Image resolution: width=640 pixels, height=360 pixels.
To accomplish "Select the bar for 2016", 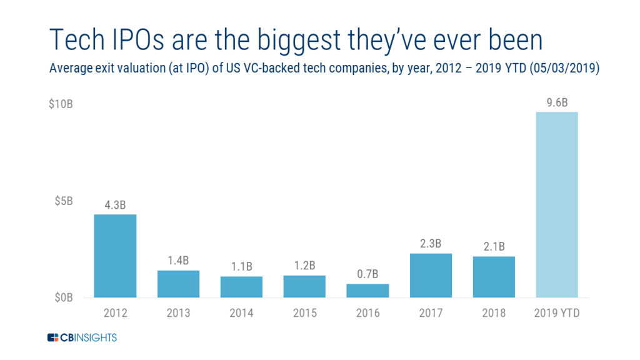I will (x=367, y=291).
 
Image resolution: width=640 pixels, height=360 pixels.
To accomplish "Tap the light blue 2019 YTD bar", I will (x=557, y=204).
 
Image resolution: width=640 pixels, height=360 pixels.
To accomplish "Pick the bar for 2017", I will (x=431, y=275).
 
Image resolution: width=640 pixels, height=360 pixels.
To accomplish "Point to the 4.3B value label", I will (x=115, y=205).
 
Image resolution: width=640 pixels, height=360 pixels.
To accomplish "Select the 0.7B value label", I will (x=367, y=274).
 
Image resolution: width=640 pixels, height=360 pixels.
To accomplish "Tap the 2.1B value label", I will (x=494, y=246).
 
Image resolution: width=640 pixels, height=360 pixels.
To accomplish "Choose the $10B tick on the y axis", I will (x=61, y=104).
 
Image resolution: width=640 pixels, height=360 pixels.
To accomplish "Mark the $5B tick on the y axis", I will (x=63, y=201).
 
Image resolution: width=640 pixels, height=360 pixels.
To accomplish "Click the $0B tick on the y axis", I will (x=63, y=297).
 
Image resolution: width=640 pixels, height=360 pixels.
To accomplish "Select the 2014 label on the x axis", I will (x=241, y=313).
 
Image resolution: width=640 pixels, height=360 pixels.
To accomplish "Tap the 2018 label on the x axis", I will (x=494, y=313).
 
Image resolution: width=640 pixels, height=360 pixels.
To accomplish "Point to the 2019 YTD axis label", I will (x=557, y=313).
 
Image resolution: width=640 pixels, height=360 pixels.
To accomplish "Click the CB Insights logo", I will (x=82, y=338).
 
